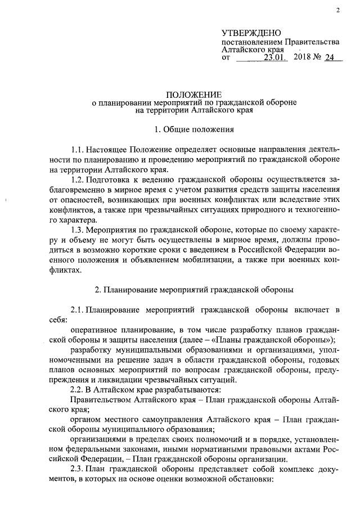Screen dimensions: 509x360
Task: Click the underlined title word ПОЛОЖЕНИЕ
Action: point(194,94)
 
